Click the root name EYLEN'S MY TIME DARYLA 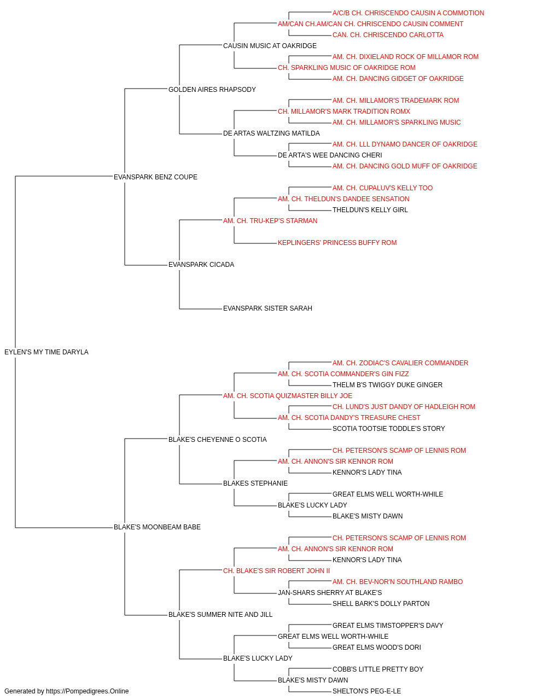click(46, 352)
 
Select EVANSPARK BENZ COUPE click(155, 177)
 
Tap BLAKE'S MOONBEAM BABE click(157, 527)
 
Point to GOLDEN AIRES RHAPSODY click(212, 90)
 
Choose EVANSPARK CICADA click(201, 265)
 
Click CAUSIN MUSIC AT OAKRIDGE click(270, 46)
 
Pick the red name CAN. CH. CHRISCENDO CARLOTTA click(388, 35)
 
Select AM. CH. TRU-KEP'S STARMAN click(270, 220)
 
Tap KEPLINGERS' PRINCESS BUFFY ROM click(337, 243)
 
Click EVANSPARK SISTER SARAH click(267, 308)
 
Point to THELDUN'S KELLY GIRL click(370, 209)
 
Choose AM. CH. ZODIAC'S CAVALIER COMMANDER click(400, 363)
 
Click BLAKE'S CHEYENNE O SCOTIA click(218, 440)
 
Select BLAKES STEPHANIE click(255, 483)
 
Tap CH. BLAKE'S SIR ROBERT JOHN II click(276, 571)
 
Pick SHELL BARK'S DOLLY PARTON click(381, 604)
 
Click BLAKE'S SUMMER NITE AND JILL click(220, 615)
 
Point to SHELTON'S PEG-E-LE click(366, 691)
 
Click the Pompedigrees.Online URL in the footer click(88, 691)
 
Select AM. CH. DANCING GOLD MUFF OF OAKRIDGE click(405, 166)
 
